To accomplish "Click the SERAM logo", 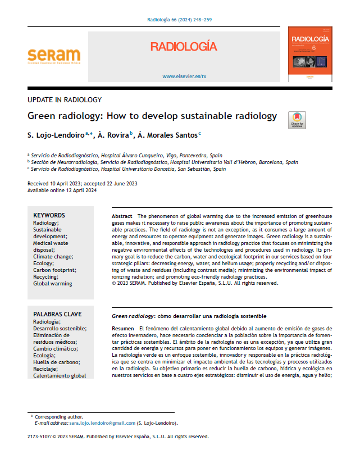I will (54, 56).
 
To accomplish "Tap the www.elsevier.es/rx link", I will (184, 76).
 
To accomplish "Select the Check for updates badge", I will (297, 119).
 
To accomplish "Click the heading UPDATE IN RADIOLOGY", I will (65, 100).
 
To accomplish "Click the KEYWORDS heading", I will (49, 215).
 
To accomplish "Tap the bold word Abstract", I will (122, 216).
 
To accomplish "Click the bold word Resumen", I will (123, 328).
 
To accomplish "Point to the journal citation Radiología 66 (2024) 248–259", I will (179, 20).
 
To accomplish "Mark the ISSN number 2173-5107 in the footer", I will (38, 436).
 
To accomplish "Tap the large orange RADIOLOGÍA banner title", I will (184, 47).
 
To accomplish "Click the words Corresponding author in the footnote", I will (59, 417).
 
